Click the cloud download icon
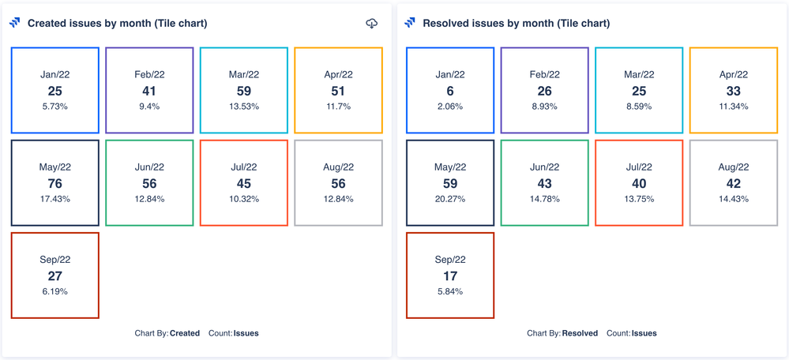pyautogui.click(x=372, y=24)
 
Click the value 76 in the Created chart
pyautogui.click(x=54, y=184)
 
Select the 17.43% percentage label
pyautogui.click(x=54, y=199)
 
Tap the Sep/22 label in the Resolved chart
pyautogui.click(x=450, y=260)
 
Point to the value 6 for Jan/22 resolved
pyautogui.click(x=450, y=92)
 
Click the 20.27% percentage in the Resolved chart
pyautogui.click(x=450, y=199)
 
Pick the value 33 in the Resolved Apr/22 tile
pyautogui.click(x=733, y=92)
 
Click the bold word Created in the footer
pyautogui.click(x=185, y=333)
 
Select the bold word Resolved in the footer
pyautogui.click(x=580, y=333)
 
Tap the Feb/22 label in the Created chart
pyautogui.click(x=149, y=75)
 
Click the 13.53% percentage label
pyautogui.click(x=243, y=107)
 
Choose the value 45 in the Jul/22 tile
pyautogui.click(x=243, y=184)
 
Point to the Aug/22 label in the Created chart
pyautogui.click(x=338, y=167)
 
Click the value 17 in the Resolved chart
pyautogui.click(x=450, y=276)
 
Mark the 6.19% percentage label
pyautogui.click(x=54, y=291)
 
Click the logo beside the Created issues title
pyautogui.click(x=15, y=24)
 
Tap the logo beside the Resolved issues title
pyautogui.click(x=410, y=24)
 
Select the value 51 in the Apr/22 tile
pyautogui.click(x=338, y=92)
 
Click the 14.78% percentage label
pyautogui.click(x=544, y=199)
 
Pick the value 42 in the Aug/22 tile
pyautogui.click(x=733, y=184)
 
